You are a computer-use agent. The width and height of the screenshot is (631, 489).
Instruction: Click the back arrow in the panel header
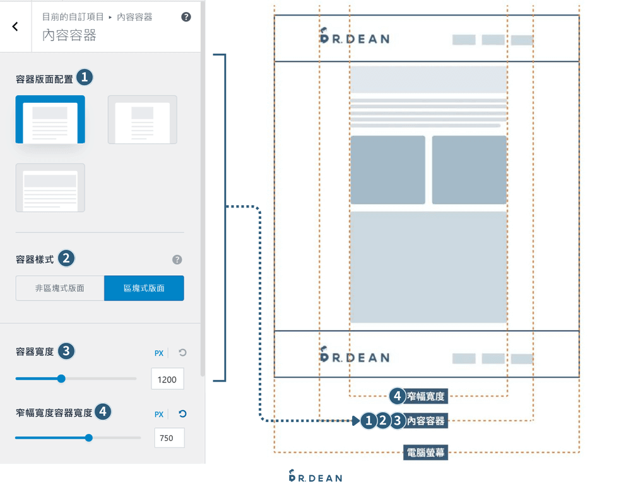[15, 27]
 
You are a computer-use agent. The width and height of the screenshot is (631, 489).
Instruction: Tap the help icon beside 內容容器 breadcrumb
[186, 17]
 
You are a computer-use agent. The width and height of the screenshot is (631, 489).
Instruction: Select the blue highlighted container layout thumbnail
[50, 119]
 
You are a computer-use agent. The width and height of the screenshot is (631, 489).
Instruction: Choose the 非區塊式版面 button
[60, 288]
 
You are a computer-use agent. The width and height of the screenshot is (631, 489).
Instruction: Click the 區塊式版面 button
[144, 288]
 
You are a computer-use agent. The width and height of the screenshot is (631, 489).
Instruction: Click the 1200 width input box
[167, 379]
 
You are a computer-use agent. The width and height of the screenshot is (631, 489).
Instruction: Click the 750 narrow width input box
[168, 438]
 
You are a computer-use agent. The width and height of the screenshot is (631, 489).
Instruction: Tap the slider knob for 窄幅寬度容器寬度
[88, 437]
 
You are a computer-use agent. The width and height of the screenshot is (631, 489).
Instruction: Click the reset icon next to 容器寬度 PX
[182, 353]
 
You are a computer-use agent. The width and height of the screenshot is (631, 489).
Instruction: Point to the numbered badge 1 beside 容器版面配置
[85, 78]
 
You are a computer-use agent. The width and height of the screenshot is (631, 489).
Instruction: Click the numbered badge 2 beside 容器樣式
[66, 259]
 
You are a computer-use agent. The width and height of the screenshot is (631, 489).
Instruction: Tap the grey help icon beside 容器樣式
[177, 259]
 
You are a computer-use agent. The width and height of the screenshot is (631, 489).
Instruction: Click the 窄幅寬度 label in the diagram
[426, 397]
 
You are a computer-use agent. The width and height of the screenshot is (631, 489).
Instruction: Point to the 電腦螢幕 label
[426, 452]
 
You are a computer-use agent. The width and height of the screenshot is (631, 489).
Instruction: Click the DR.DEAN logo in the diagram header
[354, 37]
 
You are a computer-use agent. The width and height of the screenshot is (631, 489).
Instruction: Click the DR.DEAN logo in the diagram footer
[354, 356]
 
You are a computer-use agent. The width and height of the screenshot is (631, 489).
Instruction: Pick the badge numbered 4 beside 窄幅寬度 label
[397, 396]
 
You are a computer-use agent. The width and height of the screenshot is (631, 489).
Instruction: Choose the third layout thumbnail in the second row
[50, 188]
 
